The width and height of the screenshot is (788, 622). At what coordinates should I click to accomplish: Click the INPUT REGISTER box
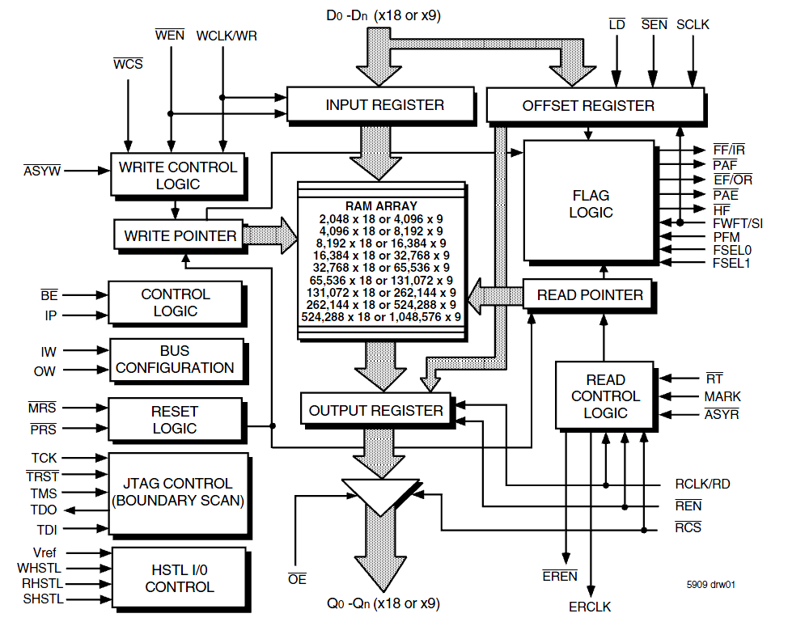coord(380,104)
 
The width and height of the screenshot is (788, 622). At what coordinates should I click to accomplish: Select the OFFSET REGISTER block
coord(595,105)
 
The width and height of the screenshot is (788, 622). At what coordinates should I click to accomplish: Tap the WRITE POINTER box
coord(179,235)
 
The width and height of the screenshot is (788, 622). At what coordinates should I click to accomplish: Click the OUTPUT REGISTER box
coord(376,410)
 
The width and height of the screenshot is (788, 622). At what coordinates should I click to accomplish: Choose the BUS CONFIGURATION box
coord(176,359)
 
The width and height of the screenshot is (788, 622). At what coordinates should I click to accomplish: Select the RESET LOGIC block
coord(176,420)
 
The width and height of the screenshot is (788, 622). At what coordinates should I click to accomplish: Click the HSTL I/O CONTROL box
coord(180,578)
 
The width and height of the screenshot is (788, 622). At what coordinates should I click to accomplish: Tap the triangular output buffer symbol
coord(380,495)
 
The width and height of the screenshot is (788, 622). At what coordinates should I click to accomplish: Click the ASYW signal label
coord(42,171)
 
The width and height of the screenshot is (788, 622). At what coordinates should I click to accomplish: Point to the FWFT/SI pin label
coord(737,223)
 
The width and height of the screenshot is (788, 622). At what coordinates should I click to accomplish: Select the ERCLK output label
coord(590,607)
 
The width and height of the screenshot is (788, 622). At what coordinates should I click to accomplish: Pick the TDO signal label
coord(44,510)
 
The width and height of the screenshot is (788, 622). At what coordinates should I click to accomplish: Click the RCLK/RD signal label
coord(702,484)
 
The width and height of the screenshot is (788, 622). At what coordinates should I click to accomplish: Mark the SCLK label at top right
coord(693,24)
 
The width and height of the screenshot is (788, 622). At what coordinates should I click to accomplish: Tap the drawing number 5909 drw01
coord(710,584)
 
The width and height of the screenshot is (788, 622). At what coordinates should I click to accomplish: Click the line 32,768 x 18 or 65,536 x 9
coord(381,268)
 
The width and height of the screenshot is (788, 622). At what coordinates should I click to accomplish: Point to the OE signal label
coord(297,579)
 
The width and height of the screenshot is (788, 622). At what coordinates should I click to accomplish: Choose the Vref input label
coord(44,552)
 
